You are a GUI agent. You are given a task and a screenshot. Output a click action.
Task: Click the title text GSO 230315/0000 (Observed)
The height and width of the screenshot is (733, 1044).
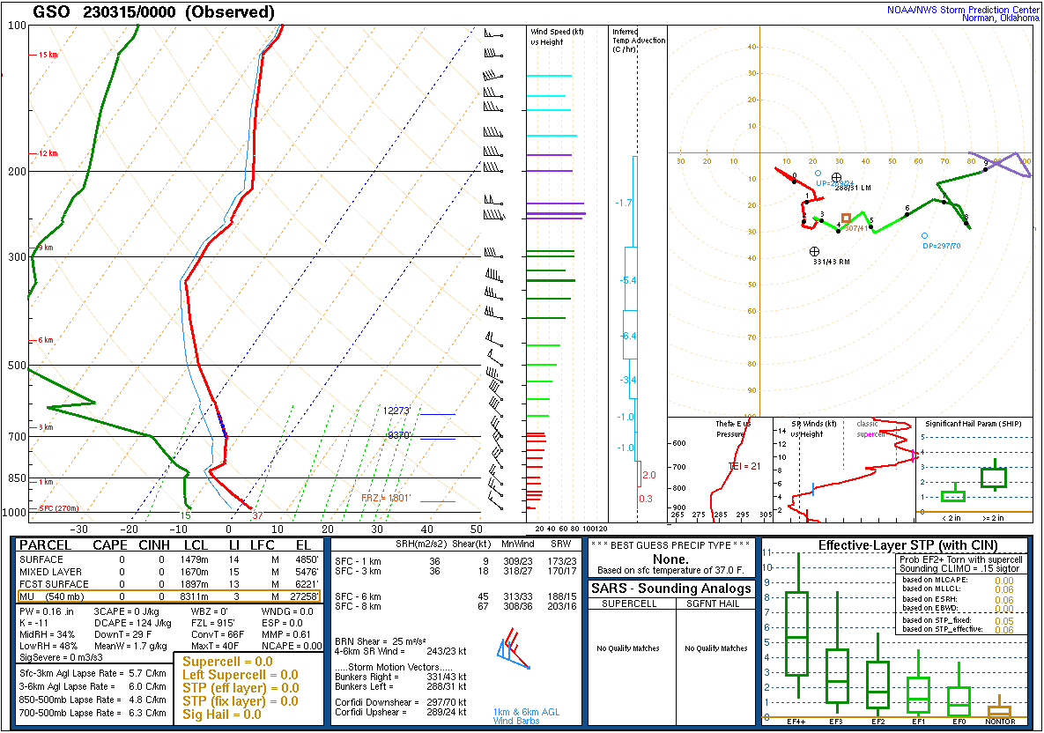click(x=153, y=12)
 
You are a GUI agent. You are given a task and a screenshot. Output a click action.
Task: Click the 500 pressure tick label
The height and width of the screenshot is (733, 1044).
click(x=15, y=366)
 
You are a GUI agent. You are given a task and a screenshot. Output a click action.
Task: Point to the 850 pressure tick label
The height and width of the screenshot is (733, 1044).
click(x=15, y=478)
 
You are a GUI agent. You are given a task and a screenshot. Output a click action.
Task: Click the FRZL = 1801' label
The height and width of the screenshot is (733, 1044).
click(x=386, y=499)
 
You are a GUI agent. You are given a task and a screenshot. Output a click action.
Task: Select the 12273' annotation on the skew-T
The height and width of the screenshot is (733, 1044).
click(x=397, y=411)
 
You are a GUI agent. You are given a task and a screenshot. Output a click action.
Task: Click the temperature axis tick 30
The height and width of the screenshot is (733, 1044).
click(x=377, y=529)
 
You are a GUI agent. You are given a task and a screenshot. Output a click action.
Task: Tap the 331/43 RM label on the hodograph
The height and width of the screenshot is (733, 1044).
click(x=831, y=262)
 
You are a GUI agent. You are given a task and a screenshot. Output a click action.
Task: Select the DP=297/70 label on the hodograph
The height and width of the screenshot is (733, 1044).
click(x=941, y=246)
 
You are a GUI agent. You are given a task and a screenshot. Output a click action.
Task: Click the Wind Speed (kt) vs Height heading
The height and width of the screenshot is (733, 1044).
click(x=558, y=36)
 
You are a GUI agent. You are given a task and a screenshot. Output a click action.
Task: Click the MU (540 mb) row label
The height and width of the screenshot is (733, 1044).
click(x=52, y=597)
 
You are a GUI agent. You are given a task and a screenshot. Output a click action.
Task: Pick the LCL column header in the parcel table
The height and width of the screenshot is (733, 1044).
click(x=196, y=545)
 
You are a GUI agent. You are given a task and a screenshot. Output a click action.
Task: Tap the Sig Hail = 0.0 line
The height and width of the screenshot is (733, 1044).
click(x=222, y=714)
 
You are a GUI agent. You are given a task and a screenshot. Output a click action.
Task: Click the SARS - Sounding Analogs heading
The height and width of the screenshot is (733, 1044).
click(x=672, y=589)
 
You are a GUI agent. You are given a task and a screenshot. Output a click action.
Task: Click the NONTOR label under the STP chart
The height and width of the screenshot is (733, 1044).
click(x=999, y=721)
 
